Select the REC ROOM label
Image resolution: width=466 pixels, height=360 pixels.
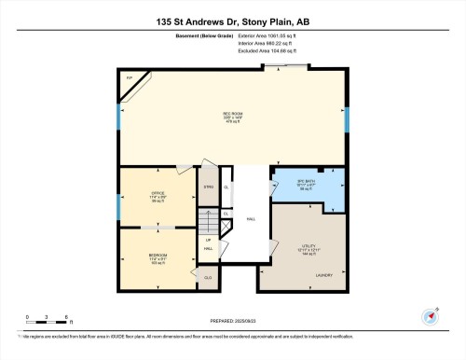(233, 118)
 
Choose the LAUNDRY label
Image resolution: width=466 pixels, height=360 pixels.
(326, 275)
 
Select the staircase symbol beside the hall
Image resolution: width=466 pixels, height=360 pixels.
(211, 225)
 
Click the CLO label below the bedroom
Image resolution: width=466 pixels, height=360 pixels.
(209, 277)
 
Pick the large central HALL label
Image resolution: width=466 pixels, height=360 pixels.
(251, 219)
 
